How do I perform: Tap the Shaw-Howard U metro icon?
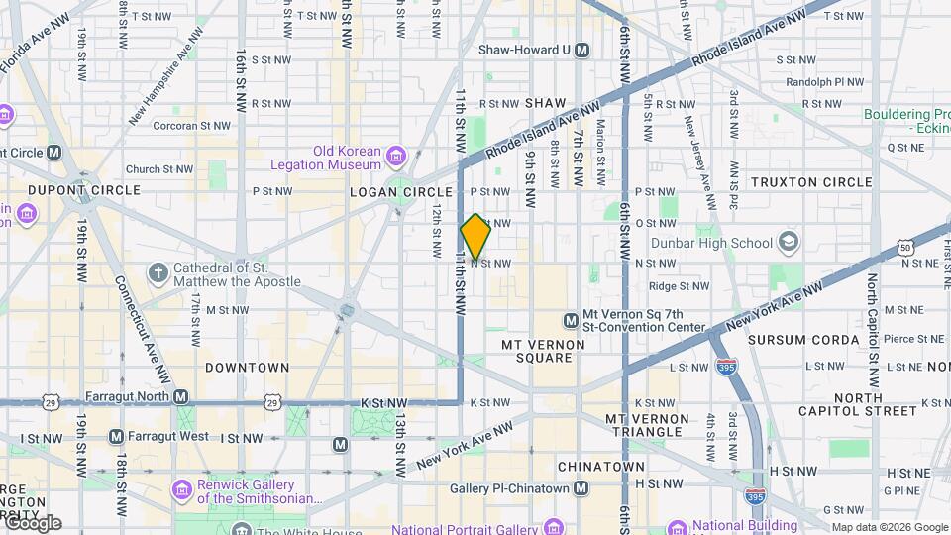tap(581, 50)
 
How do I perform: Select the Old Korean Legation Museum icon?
tap(396, 157)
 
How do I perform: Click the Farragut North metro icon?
tap(180, 396)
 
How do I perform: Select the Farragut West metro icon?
tap(116, 437)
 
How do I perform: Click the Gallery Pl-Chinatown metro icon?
tap(581, 487)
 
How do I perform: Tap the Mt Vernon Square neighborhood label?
tap(543, 351)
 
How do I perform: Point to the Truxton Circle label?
tap(811, 182)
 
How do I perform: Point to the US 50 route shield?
tap(905, 248)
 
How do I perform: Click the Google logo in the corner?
tap(33, 523)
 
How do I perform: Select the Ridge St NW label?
tap(679, 286)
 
